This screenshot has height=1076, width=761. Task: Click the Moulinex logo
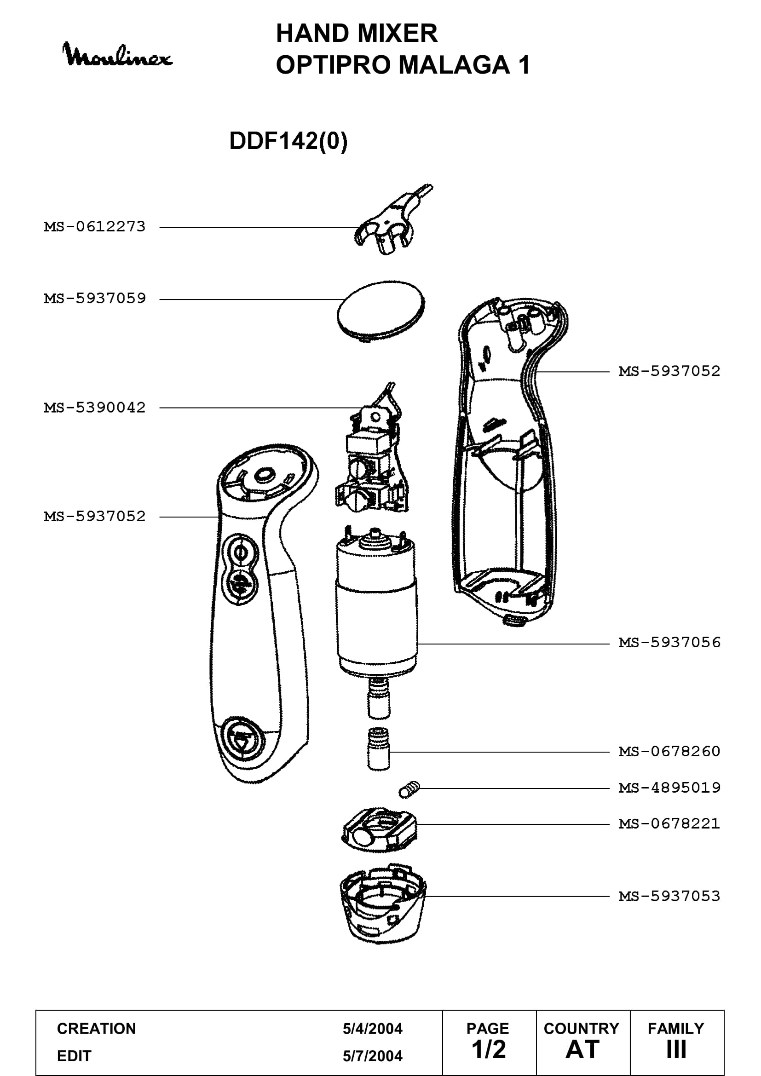117,55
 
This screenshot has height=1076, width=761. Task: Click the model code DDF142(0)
288,141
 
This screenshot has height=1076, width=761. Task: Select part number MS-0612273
95,227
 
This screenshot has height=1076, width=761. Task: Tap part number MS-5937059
95,299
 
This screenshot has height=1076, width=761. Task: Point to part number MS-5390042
95,408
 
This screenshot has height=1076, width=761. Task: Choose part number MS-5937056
669,643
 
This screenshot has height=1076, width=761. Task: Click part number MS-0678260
669,752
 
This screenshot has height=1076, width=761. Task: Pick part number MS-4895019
669,788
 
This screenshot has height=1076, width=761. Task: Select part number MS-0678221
669,824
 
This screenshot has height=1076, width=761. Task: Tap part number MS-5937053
669,897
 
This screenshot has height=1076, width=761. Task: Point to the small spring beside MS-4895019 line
409,790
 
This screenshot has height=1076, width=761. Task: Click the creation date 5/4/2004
373,1029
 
